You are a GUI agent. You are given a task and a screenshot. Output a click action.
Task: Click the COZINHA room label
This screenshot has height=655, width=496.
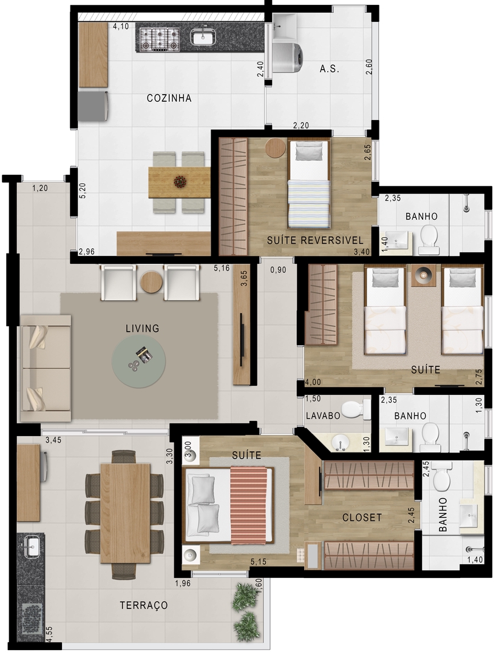tap(169, 98)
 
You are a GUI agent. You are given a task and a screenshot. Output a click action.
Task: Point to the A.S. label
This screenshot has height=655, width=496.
tap(329, 69)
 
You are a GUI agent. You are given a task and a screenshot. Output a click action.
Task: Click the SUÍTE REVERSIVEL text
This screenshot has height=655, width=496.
tap(314, 241)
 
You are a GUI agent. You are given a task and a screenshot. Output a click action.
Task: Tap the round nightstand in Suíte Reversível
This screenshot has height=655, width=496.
tap(275, 148)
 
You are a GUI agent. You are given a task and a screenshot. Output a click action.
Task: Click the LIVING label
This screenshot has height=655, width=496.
tap(142, 329)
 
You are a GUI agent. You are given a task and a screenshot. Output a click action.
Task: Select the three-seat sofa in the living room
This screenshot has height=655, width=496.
tap(46, 368)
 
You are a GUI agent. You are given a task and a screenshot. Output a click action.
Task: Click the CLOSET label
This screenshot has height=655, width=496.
tap(362, 517)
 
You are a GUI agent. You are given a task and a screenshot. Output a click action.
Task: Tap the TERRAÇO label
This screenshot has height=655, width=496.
tap(144, 605)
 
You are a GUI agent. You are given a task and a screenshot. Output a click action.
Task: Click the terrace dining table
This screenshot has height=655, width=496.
tap(124, 513)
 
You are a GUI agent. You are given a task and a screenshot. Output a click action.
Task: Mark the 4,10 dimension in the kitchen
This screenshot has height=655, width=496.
tap(121, 27)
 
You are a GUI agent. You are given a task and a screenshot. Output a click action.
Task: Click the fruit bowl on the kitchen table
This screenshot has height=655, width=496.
tap(180, 181)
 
